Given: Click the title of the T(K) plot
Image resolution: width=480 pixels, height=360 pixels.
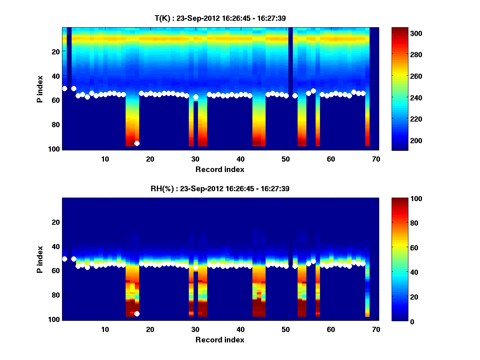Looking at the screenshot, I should [x=220, y=18].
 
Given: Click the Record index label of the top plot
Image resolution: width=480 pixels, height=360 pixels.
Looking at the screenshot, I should [x=220, y=169].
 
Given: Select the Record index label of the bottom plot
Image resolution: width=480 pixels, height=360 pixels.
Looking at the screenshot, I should [x=220, y=340].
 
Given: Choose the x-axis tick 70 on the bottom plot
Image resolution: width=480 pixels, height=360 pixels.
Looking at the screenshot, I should [x=376, y=329].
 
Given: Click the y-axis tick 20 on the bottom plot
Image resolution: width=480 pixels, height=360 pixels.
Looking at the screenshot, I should [x=56, y=222].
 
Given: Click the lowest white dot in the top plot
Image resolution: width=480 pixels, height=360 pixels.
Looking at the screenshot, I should [x=137, y=143].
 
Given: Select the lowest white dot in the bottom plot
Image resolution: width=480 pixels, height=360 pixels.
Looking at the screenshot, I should [x=137, y=314].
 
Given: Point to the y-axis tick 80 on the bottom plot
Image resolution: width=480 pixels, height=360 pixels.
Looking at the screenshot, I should [x=56, y=295].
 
